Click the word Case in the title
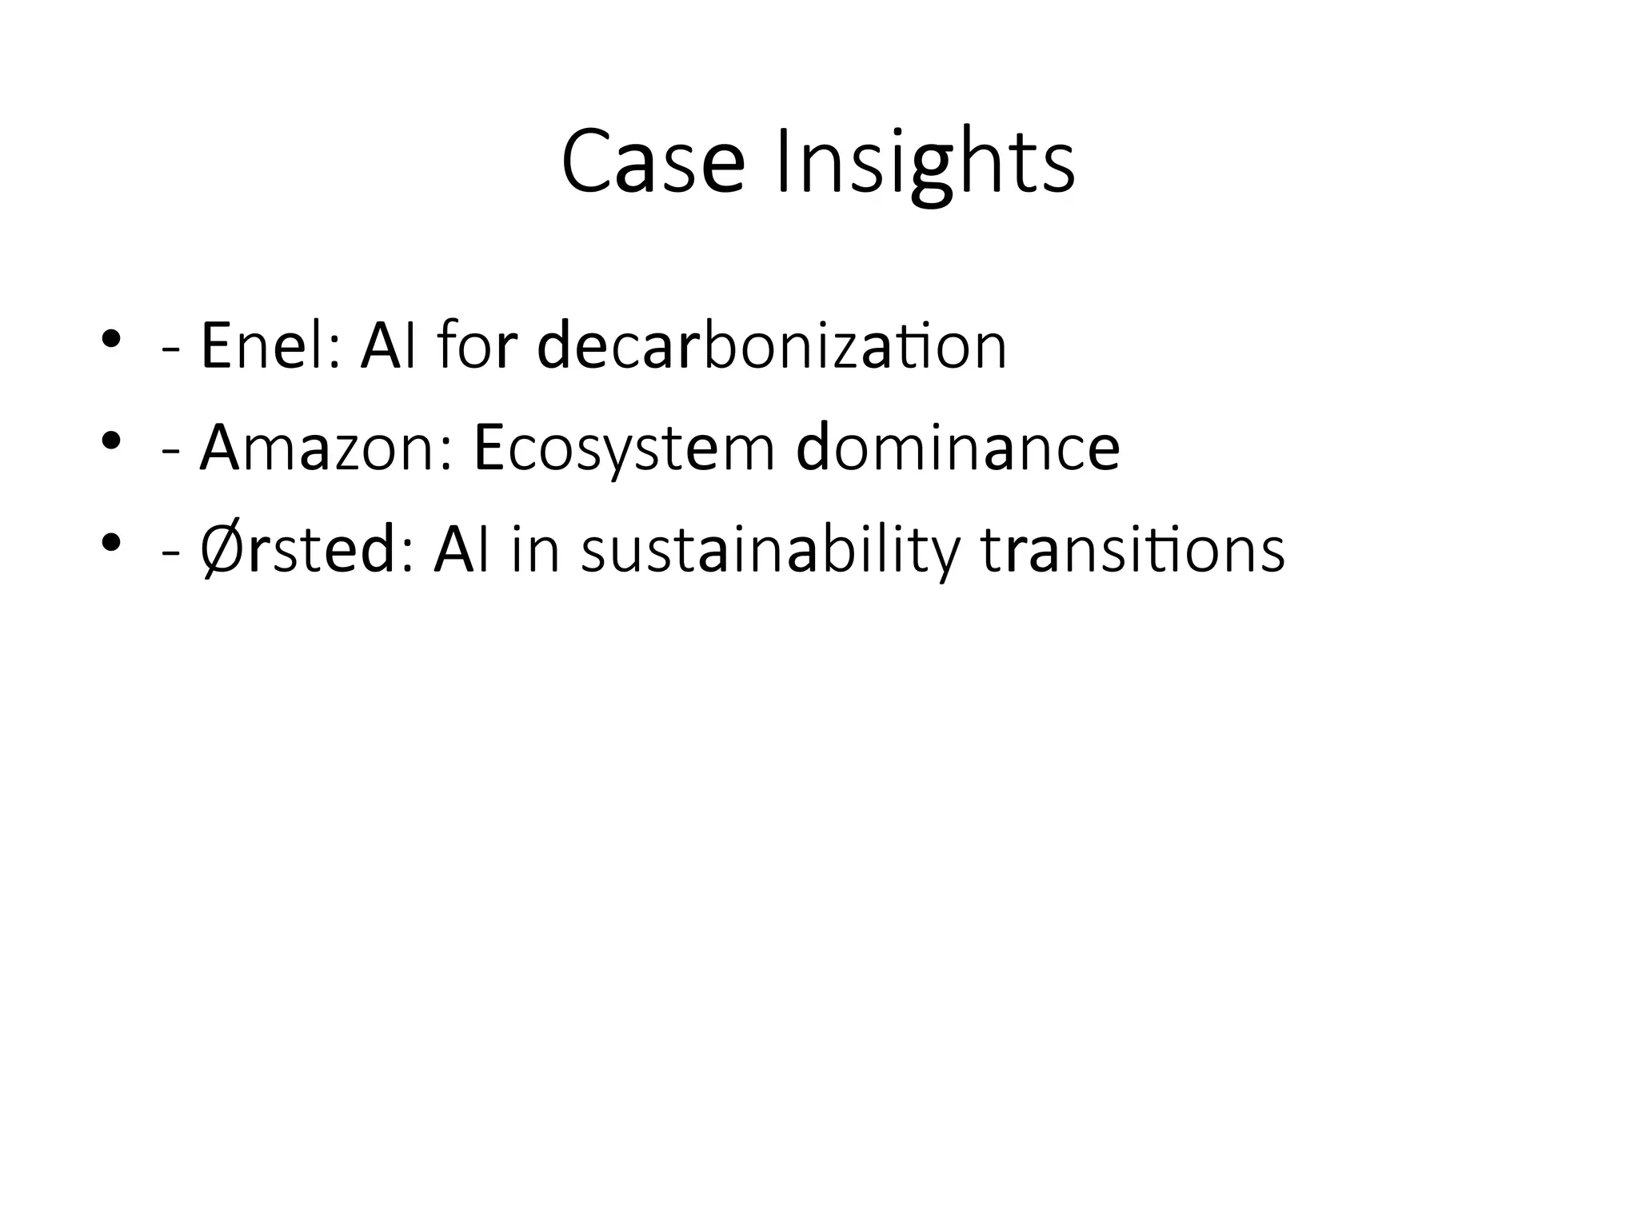(x=653, y=163)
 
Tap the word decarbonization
(x=772, y=346)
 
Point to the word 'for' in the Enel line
(x=473, y=346)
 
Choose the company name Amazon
(x=323, y=448)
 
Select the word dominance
(x=958, y=448)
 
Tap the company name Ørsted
(x=298, y=550)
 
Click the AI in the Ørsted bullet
(x=461, y=550)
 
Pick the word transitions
(x=1133, y=550)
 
